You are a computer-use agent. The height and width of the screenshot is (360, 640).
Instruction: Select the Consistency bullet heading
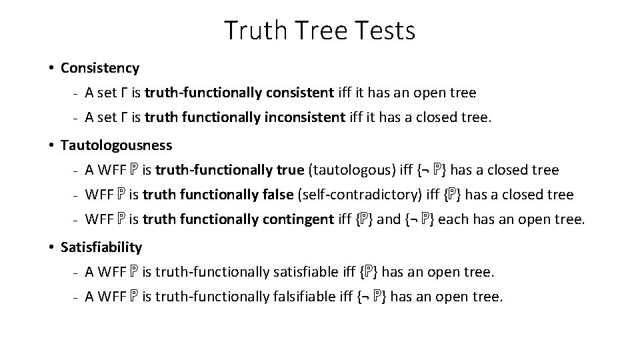pyautogui.click(x=100, y=68)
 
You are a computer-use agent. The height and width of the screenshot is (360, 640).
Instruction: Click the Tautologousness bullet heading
pyautogui.click(x=116, y=145)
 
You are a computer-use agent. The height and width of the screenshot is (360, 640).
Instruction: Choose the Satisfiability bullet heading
pyautogui.click(x=101, y=247)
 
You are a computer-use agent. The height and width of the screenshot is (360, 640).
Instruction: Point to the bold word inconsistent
pyautogui.click(x=311, y=119)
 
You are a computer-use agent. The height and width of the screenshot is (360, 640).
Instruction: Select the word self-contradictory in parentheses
pyautogui.click(x=354, y=195)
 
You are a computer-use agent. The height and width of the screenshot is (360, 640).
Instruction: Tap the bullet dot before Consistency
pyautogui.click(x=51, y=68)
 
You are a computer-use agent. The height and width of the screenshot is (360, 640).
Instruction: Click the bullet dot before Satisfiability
pyautogui.click(x=51, y=247)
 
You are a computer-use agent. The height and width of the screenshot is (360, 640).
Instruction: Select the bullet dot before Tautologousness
pyautogui.click(x=51, y=145)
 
